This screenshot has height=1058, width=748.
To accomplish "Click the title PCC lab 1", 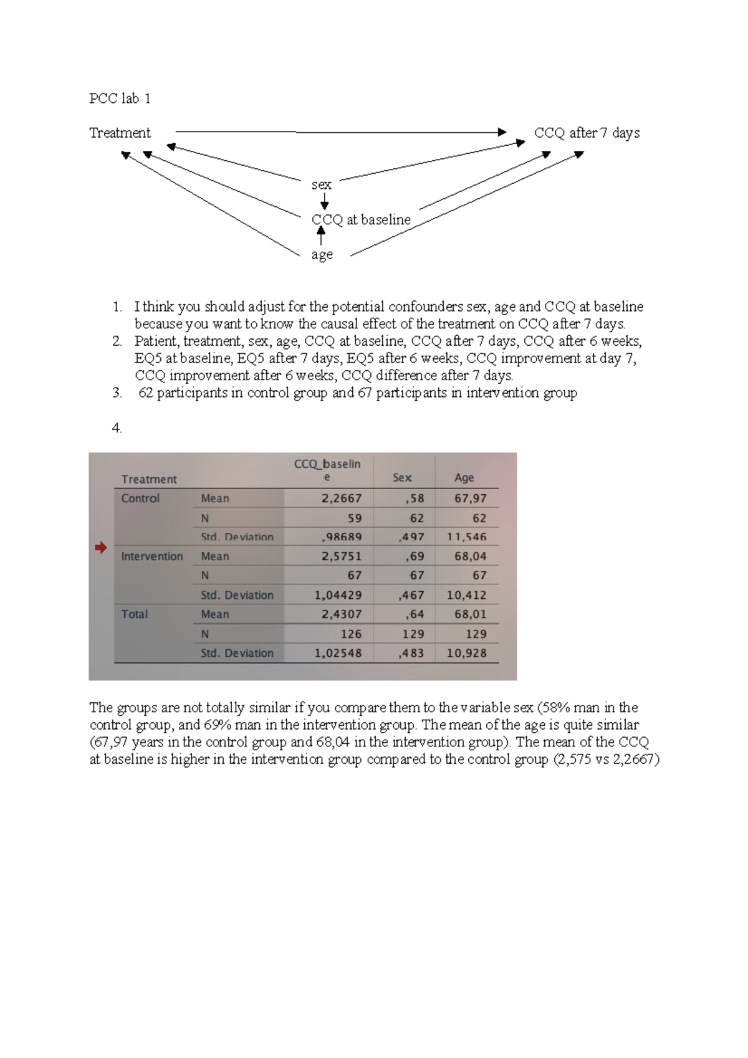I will [120, 98].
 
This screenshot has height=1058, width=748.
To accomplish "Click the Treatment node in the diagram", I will [120, 133].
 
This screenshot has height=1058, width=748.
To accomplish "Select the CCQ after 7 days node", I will [587, 133].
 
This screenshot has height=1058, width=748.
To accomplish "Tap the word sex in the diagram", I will [321, 184].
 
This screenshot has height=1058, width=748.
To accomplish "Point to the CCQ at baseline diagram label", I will [361, 219].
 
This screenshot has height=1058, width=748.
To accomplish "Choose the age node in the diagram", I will [322, 255].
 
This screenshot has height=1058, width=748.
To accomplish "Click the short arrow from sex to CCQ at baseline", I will [324, 201].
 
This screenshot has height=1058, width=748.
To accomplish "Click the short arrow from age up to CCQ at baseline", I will [321, 236].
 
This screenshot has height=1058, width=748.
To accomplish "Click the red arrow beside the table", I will [100, 548].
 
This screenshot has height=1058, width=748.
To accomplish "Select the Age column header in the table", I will [464, 477].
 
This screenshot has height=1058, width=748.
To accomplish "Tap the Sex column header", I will [402, 477].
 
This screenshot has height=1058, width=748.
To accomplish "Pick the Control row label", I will [140, 498].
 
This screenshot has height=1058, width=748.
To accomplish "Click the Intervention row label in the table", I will [152, 556].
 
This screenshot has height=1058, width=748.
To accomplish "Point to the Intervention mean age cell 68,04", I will [471, 556].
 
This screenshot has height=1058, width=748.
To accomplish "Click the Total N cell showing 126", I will [351, 634].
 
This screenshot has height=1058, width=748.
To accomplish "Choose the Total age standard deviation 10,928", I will [467, 653].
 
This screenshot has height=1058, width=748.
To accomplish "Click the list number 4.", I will [117, 428].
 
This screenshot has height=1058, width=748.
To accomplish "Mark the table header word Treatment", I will [149, 479].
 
